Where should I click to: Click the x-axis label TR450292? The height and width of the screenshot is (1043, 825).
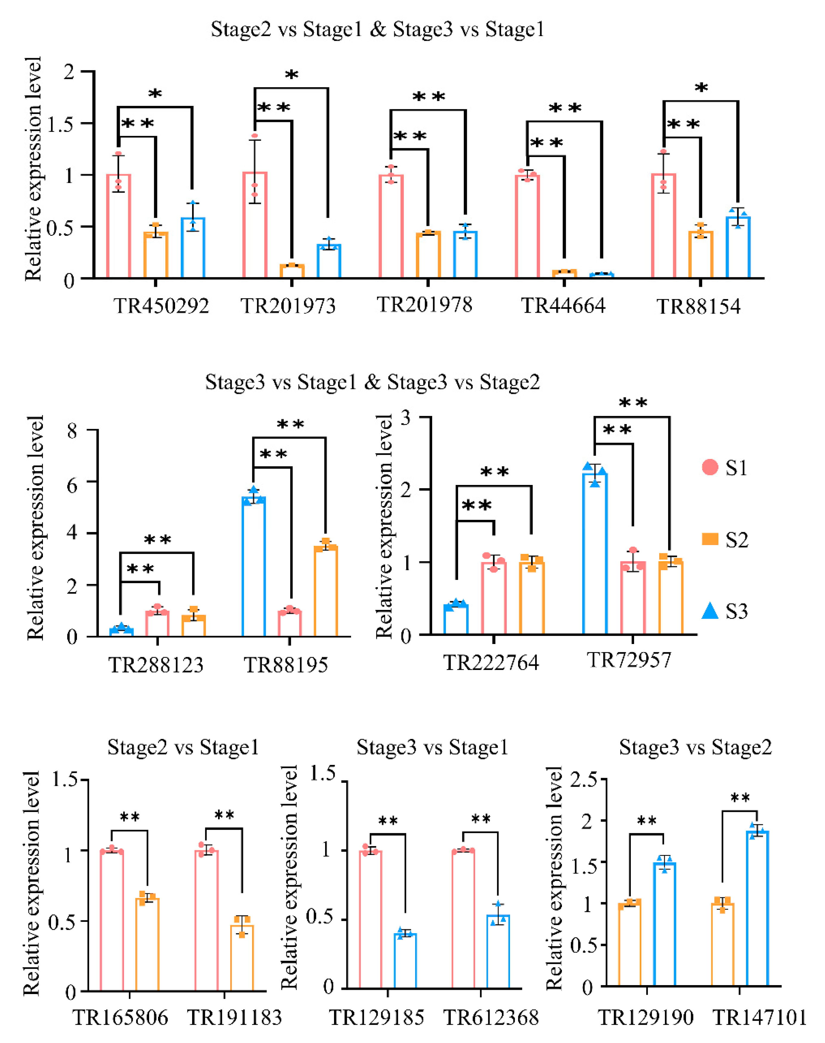coord(161,306)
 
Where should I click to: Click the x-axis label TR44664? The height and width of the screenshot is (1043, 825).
coord(563,306)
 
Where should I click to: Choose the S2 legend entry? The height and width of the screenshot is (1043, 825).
coord(724,539)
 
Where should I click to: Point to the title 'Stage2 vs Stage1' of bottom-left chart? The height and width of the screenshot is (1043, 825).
coord(183,748)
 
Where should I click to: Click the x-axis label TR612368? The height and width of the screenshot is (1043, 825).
coord(491,1018)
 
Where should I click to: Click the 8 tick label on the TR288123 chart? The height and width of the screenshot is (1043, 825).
coord(72,430)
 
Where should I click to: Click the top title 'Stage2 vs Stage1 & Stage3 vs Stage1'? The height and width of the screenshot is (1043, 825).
coord(377,30)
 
